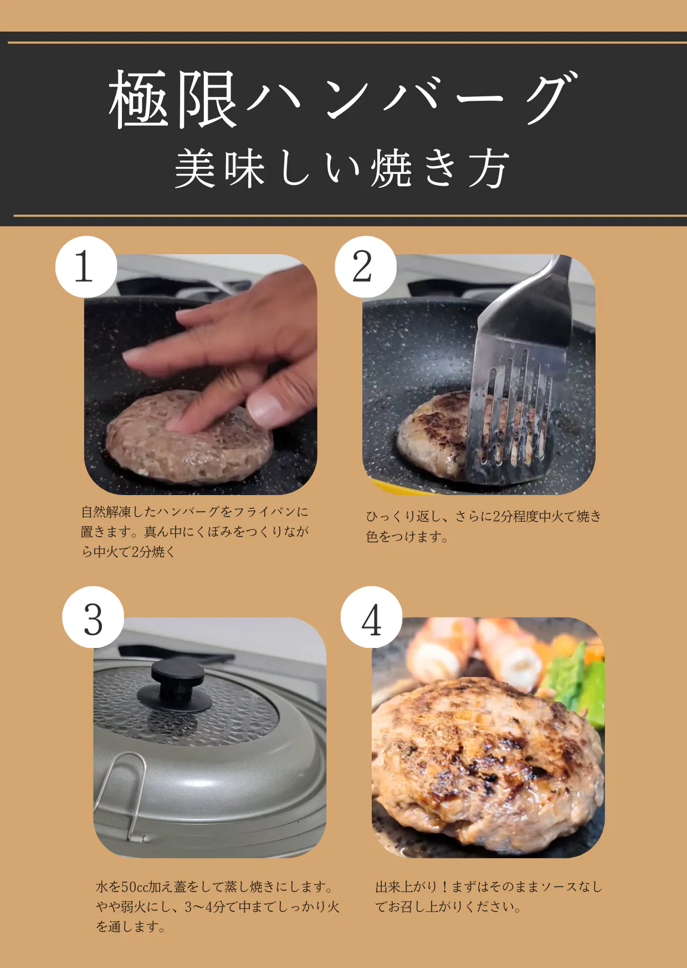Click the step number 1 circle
(x=86, y=267)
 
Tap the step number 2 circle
(x=365, y=267)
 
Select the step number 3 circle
(x=93, y=617)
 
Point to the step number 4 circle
(x=371, y=617)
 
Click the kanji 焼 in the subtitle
(x=391, y=168)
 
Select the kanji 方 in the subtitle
(x=488, y=168)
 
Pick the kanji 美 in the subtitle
(x=195, y=168)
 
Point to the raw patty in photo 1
(x=188, y=437)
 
